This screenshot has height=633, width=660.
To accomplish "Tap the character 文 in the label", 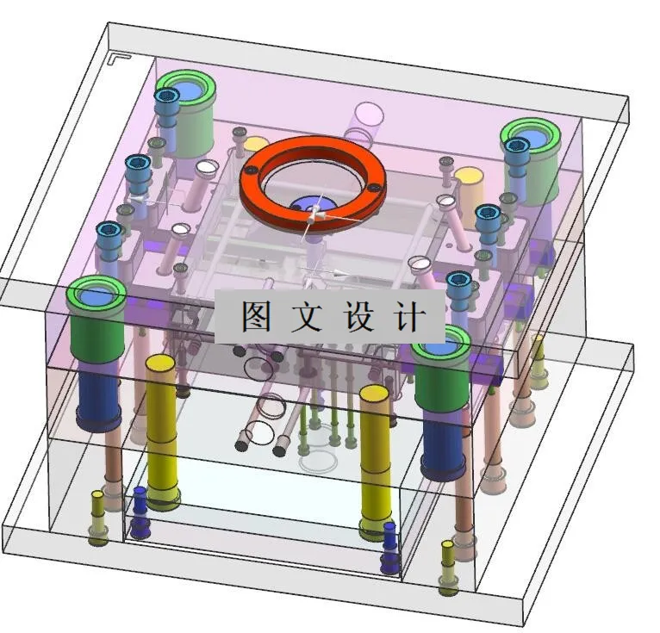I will [306, 317].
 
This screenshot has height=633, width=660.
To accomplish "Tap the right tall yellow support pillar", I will [375, 456].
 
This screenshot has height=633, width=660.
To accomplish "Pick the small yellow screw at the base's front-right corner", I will [448, 567].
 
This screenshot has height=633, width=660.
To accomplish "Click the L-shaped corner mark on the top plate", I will [118, 60].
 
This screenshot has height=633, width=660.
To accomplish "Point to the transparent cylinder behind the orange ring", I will [368, 121].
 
